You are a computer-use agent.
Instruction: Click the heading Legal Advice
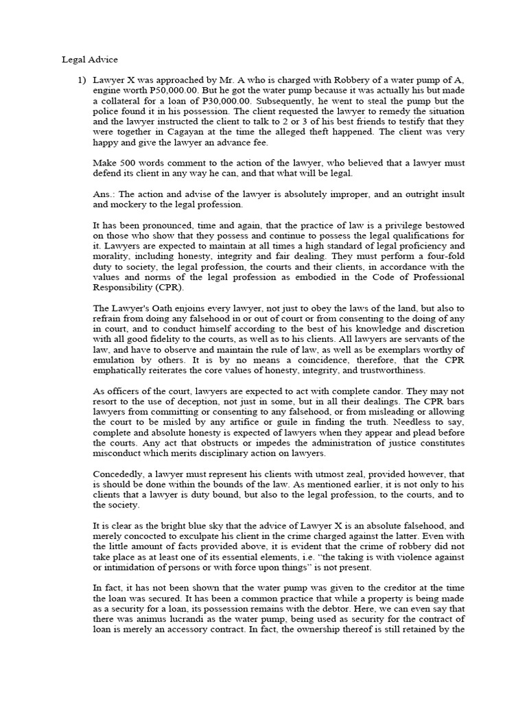(x=89, y=60)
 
